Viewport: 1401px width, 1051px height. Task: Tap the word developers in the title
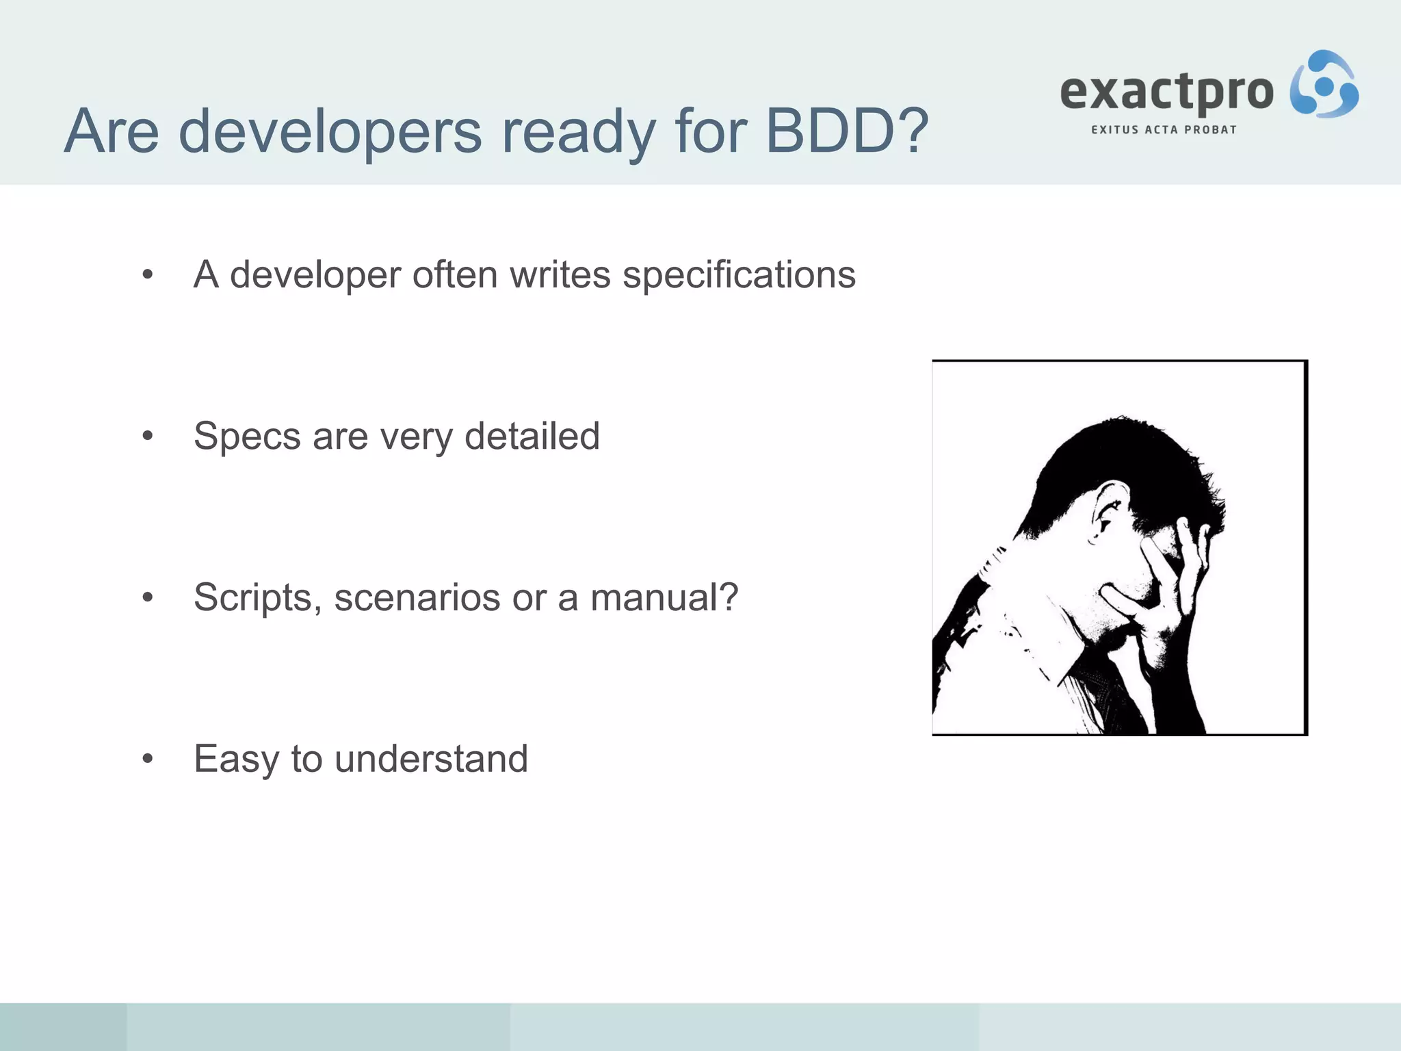pyautogui.click(x=330, y=131)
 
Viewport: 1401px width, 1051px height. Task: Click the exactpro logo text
pyautogui.click(x=1166, y=93)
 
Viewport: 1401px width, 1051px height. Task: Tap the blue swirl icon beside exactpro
pyautogui.click(x=1324, y=85)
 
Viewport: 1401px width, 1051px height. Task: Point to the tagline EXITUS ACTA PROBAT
pyautogui.click(x=1164, y=130)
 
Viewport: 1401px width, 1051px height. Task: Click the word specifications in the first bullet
pyautogui.click(x=739, y=275)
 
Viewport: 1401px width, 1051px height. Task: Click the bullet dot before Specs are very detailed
pyautogui.click(x=148, y=437)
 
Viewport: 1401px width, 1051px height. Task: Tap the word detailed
pyautogui.click(x=532, y=437)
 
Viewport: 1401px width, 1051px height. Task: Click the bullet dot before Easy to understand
pyautogui.click(x=148, y=759)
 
